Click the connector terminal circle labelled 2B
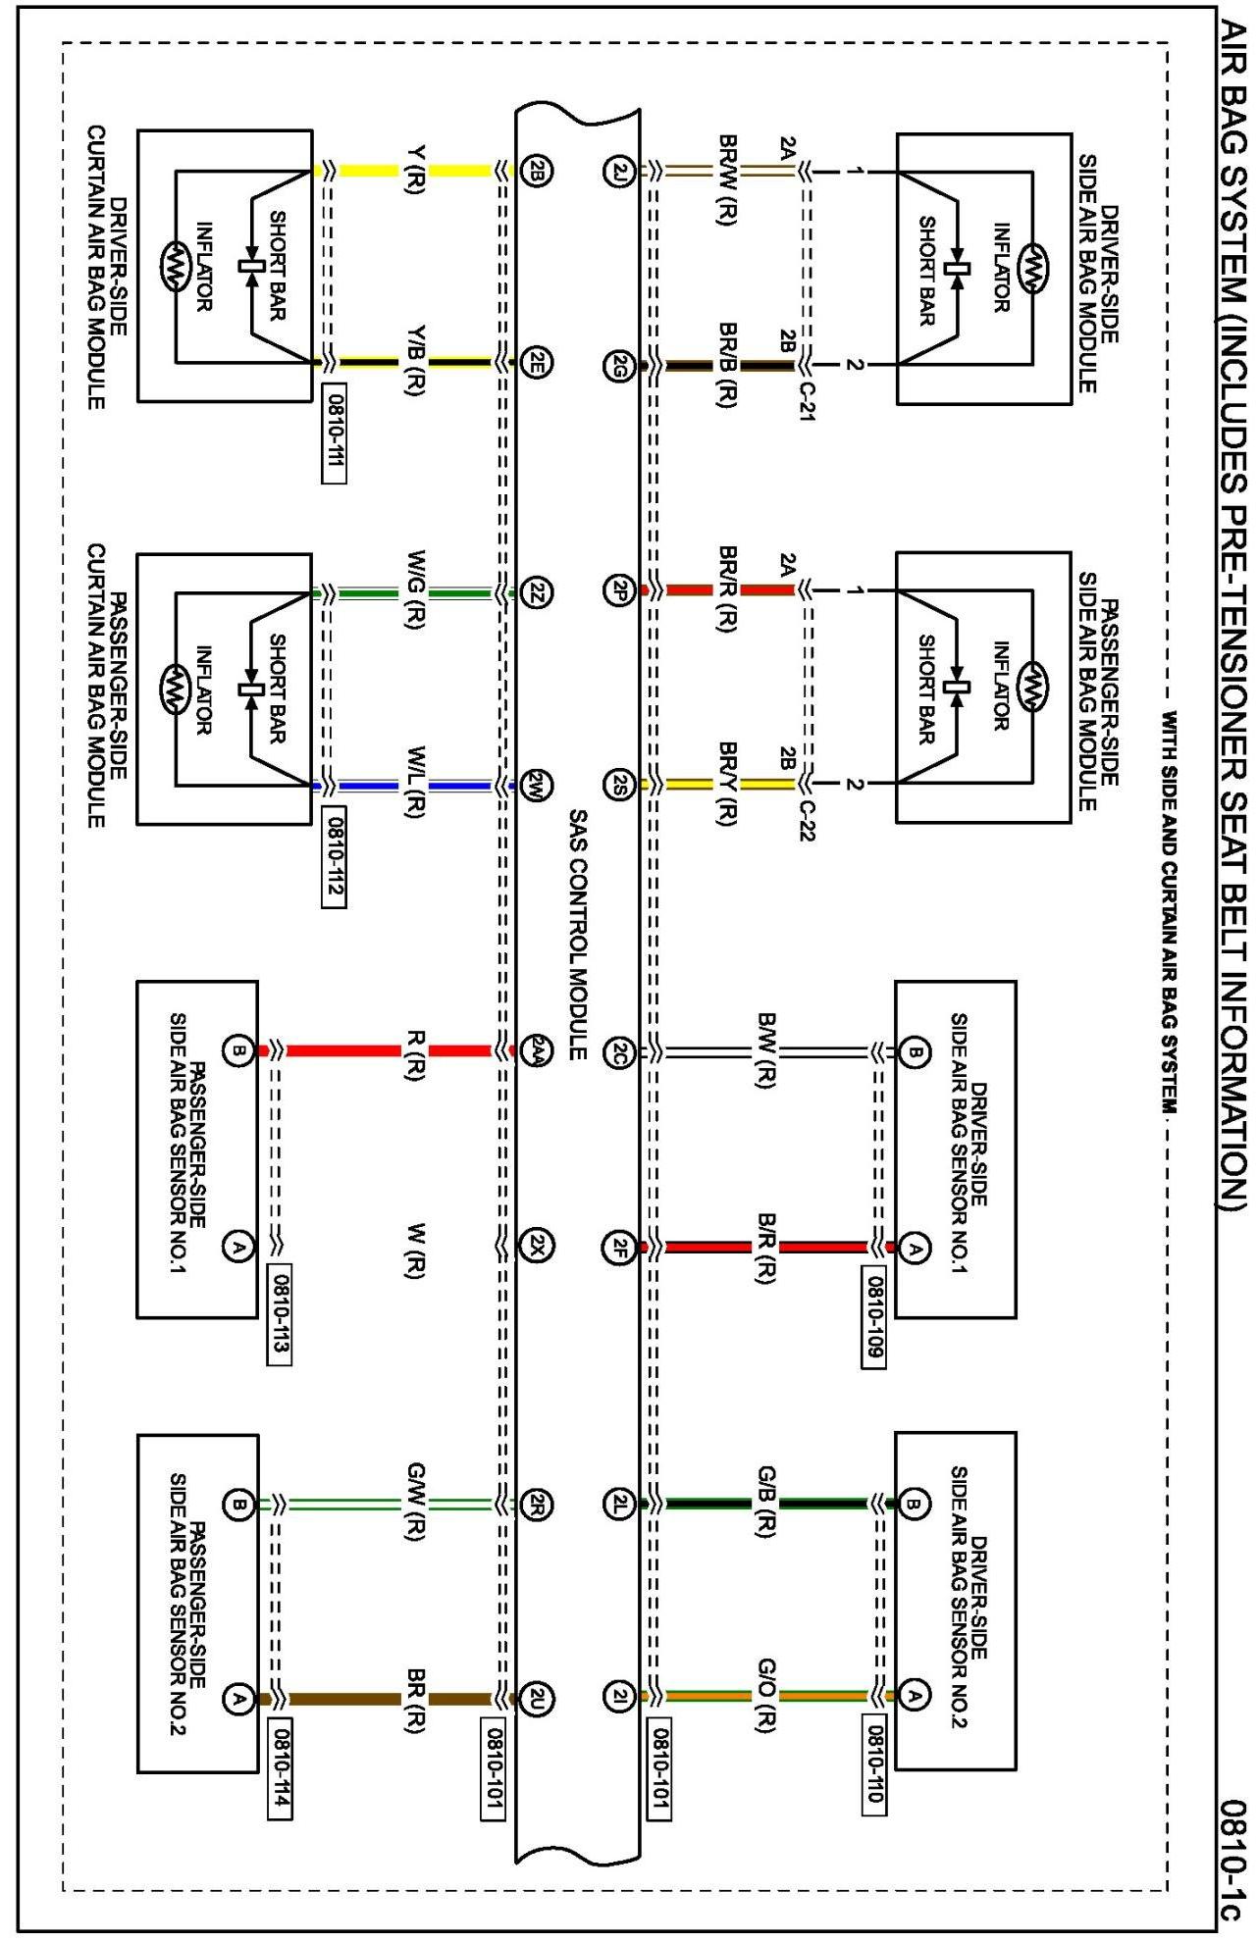pos(538,171)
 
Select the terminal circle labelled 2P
pos(618,590)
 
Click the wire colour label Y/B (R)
pos(415,360)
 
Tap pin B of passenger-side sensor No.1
pos(237,1051)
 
